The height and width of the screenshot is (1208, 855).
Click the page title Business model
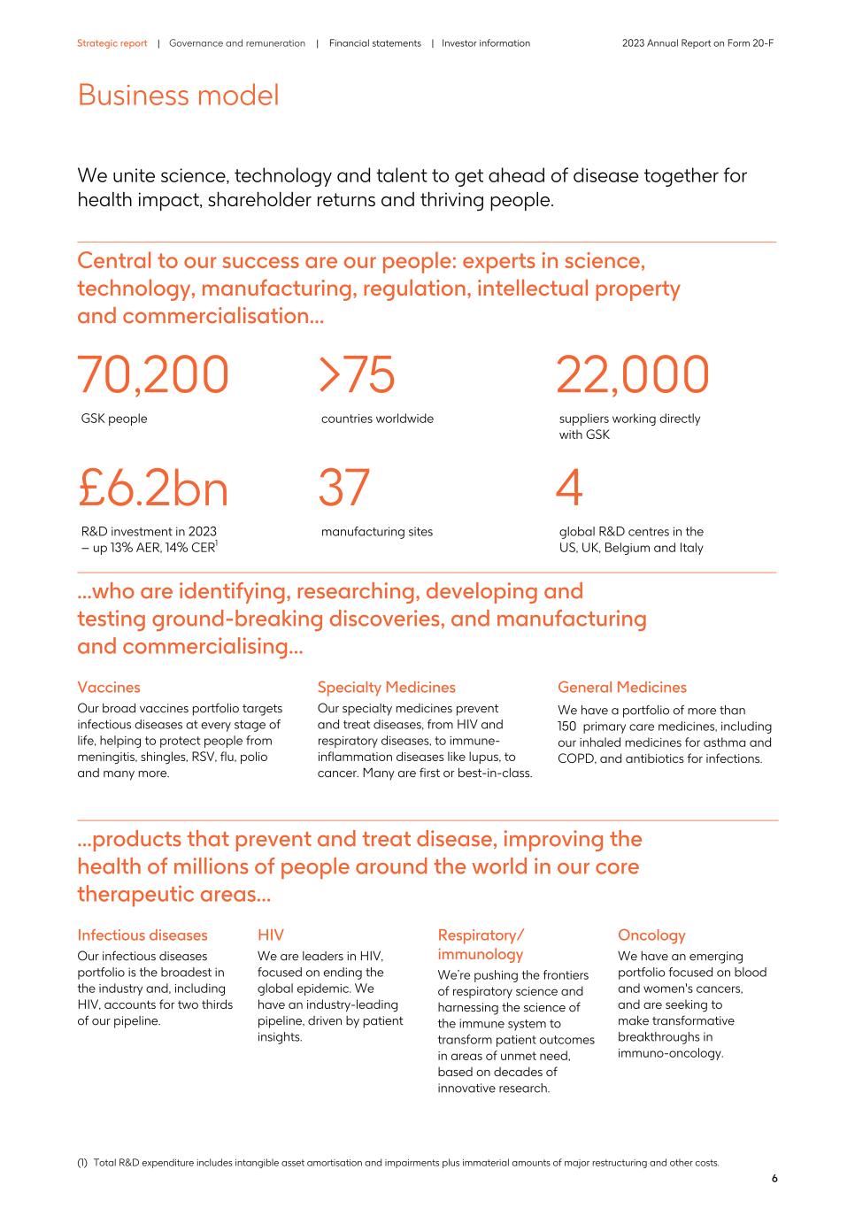[x=178, y=95]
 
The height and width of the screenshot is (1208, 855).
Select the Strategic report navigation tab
[x=112, y=43]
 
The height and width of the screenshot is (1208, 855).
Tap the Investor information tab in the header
[x=486, y=43]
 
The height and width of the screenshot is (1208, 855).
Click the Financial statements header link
[x=374, y=43]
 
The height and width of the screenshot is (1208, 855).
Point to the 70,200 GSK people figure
[x=153, y=374]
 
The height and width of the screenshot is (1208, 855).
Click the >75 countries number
[x=357, y=374]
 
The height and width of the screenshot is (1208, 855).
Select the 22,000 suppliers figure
[x=632, y=374]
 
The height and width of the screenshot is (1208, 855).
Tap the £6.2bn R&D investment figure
[x=153, y=489]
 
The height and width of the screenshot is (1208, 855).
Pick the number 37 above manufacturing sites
[x=343, y=489]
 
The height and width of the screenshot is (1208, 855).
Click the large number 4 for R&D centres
[x=569, y=489]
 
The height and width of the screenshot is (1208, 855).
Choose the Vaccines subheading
[x=108, y=688]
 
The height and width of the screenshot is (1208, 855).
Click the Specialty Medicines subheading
[x=386, y=688]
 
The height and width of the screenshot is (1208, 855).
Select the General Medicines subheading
[x=621, y=688]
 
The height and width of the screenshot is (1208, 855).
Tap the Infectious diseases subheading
[x=142, y=935]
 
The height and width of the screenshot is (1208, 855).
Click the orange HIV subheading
[x=271, y=935]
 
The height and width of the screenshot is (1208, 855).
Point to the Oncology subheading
[x=651, y=935]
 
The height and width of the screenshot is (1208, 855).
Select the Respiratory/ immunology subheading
[x=481, y=944]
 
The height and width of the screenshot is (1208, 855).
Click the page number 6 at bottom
[x=774, y=1179]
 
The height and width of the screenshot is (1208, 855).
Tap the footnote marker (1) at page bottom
[x=83, y=1163]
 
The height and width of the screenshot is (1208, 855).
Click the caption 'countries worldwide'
[x=377, y=419]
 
